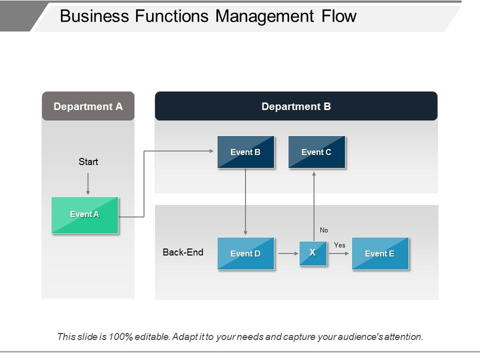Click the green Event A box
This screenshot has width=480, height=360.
(85, 215)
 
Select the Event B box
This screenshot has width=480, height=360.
(245, 152)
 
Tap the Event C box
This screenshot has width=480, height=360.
(316, 152)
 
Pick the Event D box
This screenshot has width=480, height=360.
(245, 253)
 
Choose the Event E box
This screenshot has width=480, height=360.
(380, 253)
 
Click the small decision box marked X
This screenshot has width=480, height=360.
(312, 253)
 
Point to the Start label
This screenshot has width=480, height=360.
(88, 161)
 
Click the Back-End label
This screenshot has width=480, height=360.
(183, 252)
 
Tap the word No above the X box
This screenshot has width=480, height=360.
(324, 230)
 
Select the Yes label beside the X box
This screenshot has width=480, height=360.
(339, 245)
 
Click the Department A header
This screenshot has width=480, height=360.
(88, 106)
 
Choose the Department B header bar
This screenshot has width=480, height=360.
(296, 106)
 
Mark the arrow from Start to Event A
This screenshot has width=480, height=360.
(88, 183)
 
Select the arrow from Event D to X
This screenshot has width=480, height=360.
(288, 253)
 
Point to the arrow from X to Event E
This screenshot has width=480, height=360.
(339, 253)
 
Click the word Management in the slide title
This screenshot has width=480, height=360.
(263, 16)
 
